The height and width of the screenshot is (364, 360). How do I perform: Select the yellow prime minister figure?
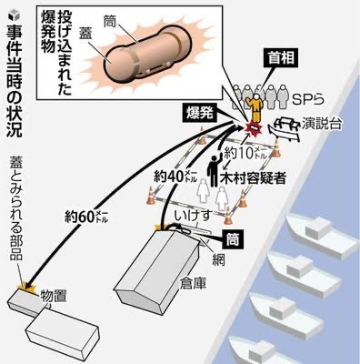[x=255, y=107]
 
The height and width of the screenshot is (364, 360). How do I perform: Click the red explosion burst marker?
[x=254, y=128]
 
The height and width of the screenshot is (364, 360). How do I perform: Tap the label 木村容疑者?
[x=254, y=178]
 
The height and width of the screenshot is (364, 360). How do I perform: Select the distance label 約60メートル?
[x=86, y=217]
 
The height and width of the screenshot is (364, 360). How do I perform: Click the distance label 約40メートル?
[x=175, y=177]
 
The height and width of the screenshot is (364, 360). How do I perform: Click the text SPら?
[x=308, y=98]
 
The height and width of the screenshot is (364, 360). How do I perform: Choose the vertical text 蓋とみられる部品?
[x=15, y=210]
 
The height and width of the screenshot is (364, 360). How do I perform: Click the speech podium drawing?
[x=285, y=128]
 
